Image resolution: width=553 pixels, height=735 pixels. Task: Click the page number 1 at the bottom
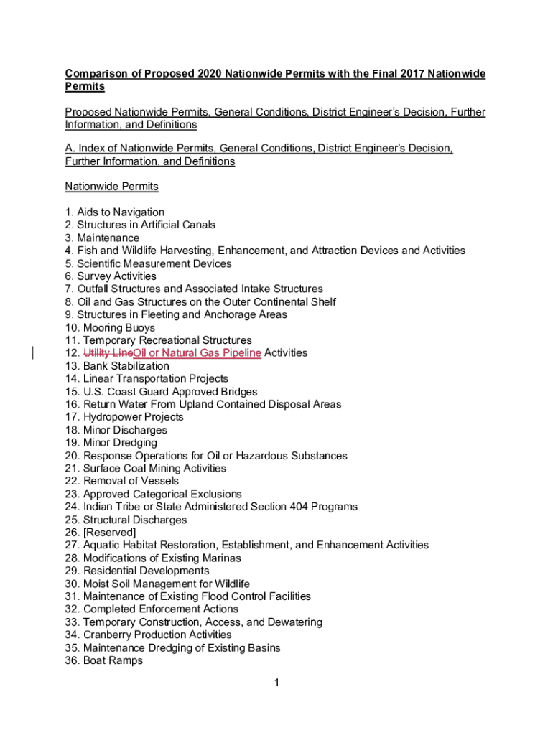coord(276,683)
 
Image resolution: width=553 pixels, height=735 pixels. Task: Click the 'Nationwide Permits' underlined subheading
coord(111,187)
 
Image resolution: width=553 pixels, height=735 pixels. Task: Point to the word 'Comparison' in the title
coord(95,74)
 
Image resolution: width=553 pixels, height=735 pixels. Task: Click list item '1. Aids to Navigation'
coord(115,212)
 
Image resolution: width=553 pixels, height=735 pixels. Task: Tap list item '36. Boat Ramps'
coord(104,660)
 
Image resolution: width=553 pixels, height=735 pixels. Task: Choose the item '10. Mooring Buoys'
coord(110,328)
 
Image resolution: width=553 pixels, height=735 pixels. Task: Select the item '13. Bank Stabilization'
coord(117,366)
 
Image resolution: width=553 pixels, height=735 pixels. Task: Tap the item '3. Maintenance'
coord(102,238)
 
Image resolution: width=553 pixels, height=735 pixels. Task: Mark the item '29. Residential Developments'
coord(137,571)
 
